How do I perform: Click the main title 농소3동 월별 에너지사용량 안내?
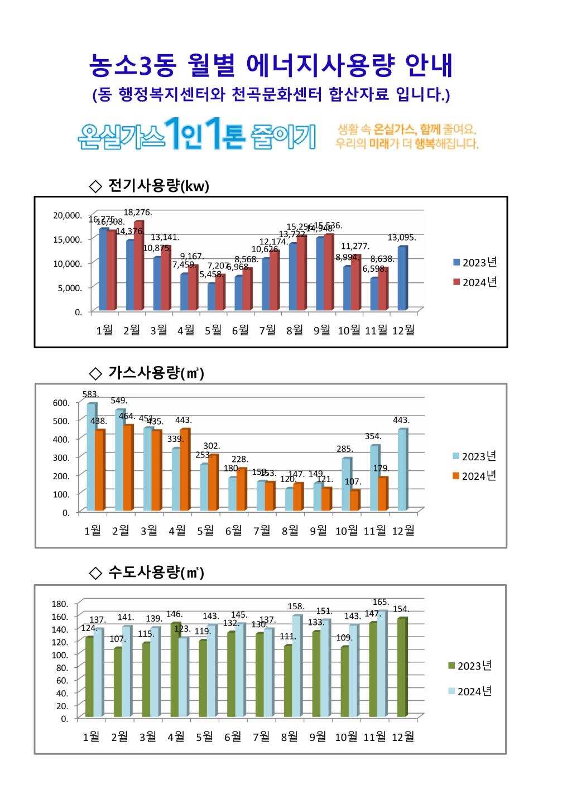click(271, 66)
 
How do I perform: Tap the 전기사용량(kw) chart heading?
click(150, 186)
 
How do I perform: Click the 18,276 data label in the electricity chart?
click(138, 213)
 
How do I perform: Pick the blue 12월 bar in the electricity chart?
click(402, 278)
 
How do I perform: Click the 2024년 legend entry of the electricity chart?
click(474, 282)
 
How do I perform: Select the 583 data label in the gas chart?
click(90, 394)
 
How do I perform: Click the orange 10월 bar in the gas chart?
click(354, 500)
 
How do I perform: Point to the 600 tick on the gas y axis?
click(61, 402)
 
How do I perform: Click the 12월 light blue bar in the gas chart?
click(402, 470)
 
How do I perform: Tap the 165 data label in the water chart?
click(381, 602)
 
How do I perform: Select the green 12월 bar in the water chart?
click(401, 667)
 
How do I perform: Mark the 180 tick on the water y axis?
click(60, 604)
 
